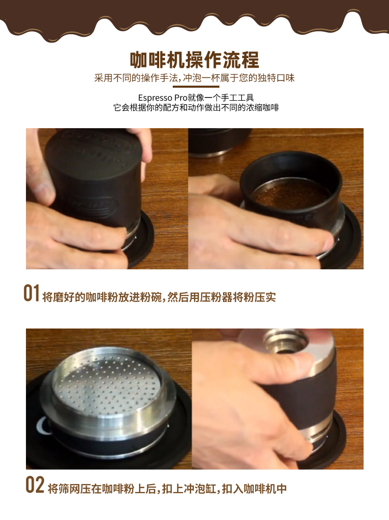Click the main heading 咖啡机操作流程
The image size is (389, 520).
click(x=194, y=60)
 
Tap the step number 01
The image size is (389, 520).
click(x=32, y=293)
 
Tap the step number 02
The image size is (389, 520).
click(x=35, y=485)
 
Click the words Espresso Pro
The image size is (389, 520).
click(x=163, y=98)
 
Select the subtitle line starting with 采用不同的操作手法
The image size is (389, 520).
click(x=195, y=78)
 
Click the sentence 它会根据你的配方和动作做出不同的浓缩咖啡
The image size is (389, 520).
click(x=196, y=108)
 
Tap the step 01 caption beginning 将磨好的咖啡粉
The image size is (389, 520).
click(x=159, y=297)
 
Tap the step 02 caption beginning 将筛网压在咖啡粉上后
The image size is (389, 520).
click(x=168, y=488)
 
